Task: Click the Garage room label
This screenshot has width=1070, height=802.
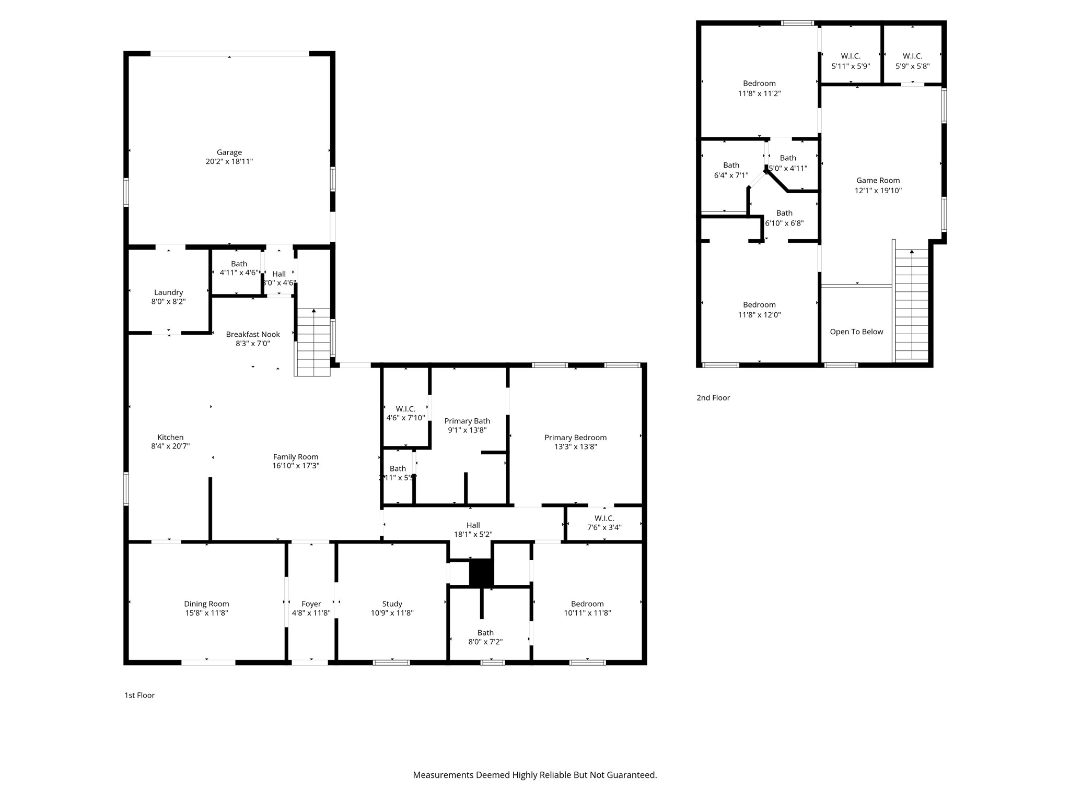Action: (x=229, y=152)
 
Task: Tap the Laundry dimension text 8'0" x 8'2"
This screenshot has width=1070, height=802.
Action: (x=168, y=302)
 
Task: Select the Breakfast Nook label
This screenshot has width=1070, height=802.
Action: (x=253, y=334)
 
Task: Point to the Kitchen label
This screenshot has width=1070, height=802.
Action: (x=170, y=438)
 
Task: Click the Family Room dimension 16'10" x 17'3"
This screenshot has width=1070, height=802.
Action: (x=296, y=466)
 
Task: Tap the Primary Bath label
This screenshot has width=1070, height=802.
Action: (x=467, y=421)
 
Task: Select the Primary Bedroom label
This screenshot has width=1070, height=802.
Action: (x=575, y=438)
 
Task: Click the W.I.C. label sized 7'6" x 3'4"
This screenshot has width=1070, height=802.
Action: (x=604, y=518)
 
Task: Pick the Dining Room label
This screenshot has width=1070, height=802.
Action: (x=206, y=604)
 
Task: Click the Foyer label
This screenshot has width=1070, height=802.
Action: (x=311, y=604)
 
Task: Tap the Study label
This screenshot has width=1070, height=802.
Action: (x=392, y=604)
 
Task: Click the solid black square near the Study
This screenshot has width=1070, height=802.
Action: (x=481, y=572)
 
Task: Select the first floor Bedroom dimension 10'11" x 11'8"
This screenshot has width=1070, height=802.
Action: (x=587, y=613)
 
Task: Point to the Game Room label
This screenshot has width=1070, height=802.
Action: (x=878, y=180)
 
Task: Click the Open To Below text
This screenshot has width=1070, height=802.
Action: (x=856, y=332)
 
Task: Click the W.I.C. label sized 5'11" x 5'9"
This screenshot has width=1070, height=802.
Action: (x=851, y=56)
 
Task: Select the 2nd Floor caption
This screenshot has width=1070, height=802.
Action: (x=713, y=398)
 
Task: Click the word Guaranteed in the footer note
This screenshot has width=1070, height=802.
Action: (x=631, y=775)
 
